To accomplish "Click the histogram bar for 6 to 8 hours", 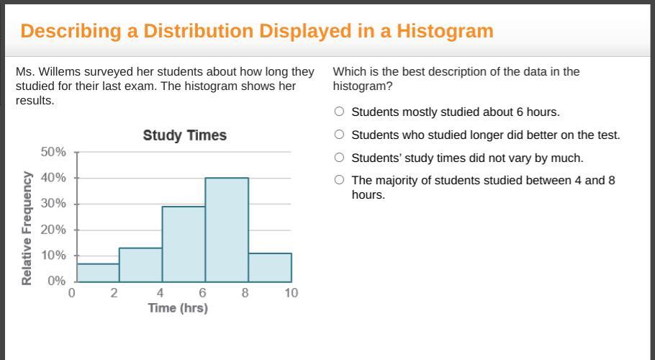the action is [x=227, y=230].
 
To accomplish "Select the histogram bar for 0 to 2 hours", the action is [x=98, y=273].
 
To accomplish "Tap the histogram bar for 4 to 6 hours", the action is [x=184, y=244].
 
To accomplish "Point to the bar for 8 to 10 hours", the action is [x=270, y=267].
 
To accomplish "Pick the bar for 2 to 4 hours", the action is [x=141, y=265].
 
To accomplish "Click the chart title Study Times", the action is [x=185, y=135].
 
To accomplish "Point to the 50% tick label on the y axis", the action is [x=53, y=152].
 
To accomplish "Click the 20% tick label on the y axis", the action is [x=53, y=229].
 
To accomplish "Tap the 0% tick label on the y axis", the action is [x=57, y=281].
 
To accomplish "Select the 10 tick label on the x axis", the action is [x=292, y=293].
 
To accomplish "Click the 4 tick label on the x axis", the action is [x=160, y=293].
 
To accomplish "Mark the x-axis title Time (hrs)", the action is [x=178, y=307].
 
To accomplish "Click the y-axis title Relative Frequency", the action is [x=27, y=228].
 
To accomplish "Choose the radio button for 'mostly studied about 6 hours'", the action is [x=339, y=111].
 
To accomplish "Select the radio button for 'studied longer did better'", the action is [x=339, y=134].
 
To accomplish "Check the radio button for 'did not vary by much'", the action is [x=339, y=157].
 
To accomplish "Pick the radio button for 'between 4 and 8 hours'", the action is [x=339, y=179].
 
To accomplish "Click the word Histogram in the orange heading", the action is [x=445, y=31].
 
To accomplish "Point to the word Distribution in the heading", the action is [x=199, y=31].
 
